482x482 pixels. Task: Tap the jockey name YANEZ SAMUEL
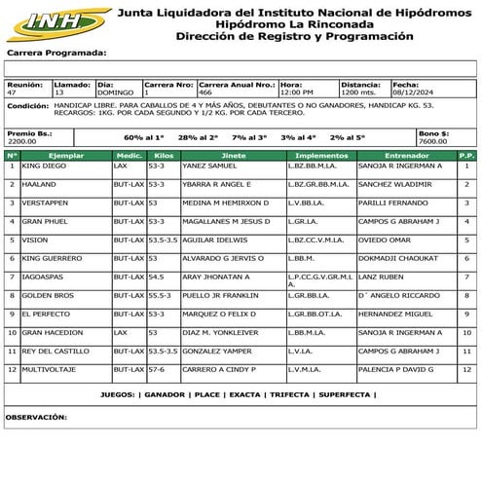point(208,166)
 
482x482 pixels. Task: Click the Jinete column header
point(234,155)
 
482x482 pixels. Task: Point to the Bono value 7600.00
point(432,141)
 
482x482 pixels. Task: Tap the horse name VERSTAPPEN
point(45,203)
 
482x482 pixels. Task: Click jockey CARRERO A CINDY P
point(218,369)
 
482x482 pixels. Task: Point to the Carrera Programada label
point(56,53)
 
